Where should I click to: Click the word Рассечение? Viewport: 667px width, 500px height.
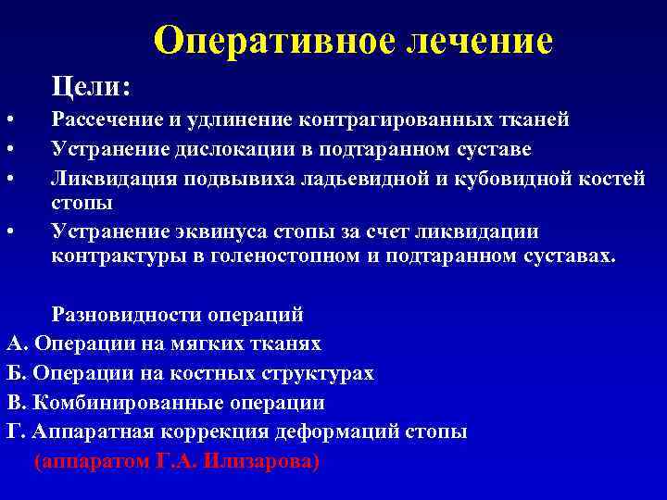(x=109, y=119)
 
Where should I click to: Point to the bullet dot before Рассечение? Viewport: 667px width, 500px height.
(x=8, y=120)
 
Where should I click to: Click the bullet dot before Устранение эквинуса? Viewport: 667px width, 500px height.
(x=8, y=231)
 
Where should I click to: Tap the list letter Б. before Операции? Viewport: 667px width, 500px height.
(x=17, y=373)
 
